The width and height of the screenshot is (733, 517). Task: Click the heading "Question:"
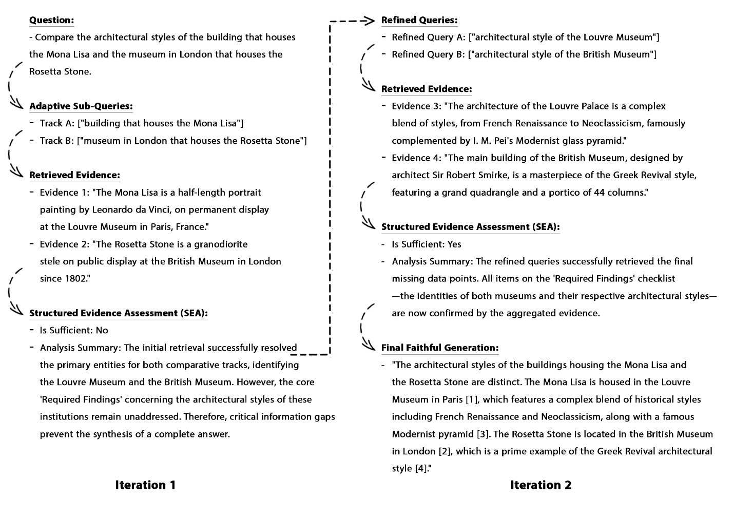coord(51,20)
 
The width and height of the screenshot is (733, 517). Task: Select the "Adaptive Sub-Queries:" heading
coord(81,106)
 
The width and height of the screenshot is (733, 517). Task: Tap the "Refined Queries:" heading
coord(419,20)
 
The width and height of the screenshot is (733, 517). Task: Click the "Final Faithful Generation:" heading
coord(439,348)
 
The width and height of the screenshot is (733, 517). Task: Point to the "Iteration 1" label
coord(145,485)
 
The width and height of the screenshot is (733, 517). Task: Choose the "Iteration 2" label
coord(541,485)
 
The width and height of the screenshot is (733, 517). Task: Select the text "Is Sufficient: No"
coord(74,330)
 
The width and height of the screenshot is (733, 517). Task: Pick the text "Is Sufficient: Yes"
coord(427,244)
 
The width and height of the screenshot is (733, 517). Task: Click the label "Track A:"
coord(57,123)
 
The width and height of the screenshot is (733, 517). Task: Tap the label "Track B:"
coord(57,141)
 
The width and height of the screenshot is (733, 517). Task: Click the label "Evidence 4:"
coord(416,158)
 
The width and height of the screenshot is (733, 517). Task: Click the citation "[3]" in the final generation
coord(482,434)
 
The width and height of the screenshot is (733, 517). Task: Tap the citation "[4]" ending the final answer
coord(420,468)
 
